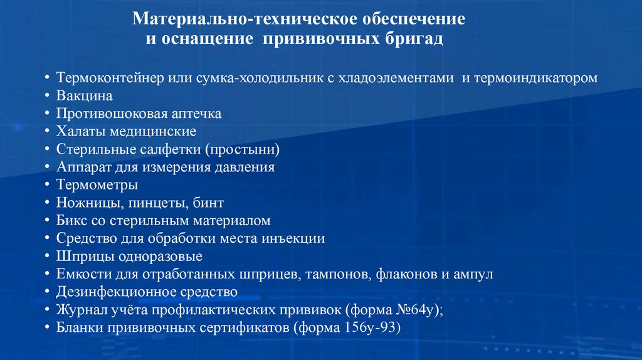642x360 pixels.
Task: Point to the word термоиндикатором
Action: pos(537,78)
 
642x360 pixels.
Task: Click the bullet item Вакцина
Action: pos(84,97)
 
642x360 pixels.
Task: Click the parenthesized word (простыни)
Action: pos(245,150)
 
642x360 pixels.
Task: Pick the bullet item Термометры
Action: pos(97,186)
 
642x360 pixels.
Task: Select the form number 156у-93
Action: pos(369,328)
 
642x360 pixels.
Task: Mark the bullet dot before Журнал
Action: pos(49,310)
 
